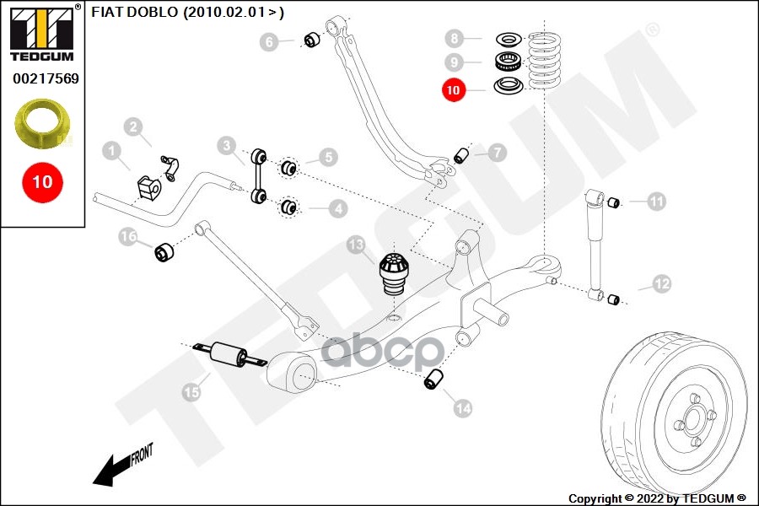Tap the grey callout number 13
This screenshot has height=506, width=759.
coord(357,245)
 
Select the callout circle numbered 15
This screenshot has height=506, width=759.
coord(193,391)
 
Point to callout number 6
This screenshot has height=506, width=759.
coord(270,41)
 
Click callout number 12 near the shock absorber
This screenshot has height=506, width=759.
coord(661,284)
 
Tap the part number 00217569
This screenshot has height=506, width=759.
coord(46,79)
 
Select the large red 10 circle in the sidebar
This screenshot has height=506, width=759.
coord(42,181)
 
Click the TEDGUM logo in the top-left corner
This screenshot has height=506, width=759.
coord(42,34)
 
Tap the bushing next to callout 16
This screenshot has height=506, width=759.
coord(163,250)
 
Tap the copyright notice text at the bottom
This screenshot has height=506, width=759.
coord(658,498)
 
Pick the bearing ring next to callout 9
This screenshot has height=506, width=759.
coord(507,61)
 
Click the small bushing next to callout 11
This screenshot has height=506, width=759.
coord(615,201)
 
